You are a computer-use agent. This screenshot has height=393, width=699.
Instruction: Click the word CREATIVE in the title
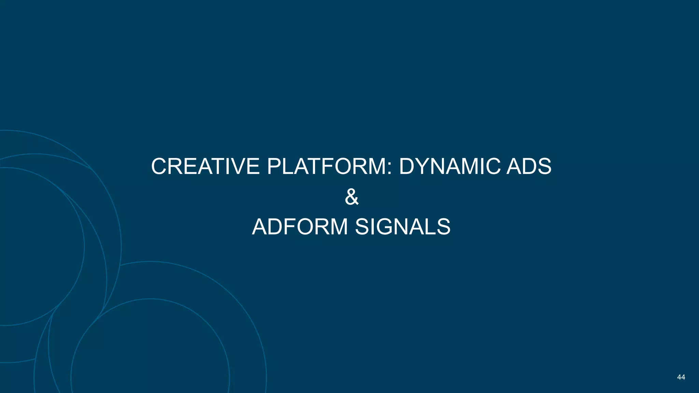(205, 166)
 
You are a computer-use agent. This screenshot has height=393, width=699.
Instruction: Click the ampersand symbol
(352, 197)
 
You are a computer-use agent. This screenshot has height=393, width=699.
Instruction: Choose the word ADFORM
(300, 227)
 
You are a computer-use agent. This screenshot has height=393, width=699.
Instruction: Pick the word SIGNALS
(403, 227)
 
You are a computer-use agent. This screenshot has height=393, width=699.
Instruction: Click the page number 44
(681, 377)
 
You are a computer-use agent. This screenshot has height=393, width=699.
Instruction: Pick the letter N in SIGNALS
(402, 227)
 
